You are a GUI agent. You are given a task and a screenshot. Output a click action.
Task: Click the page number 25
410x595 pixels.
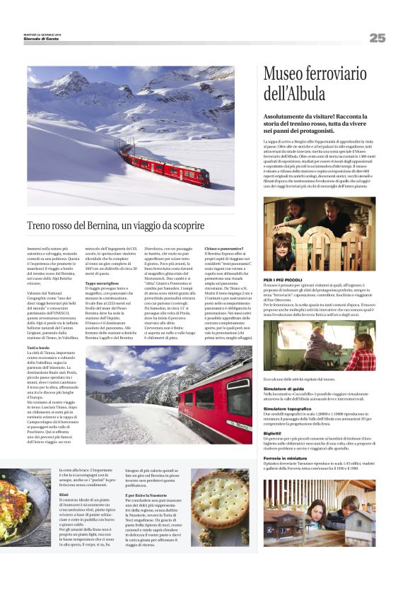377,37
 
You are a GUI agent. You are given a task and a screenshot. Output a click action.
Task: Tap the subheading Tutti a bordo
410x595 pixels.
39,349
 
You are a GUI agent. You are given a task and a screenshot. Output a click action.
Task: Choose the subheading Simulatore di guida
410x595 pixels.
283,389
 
